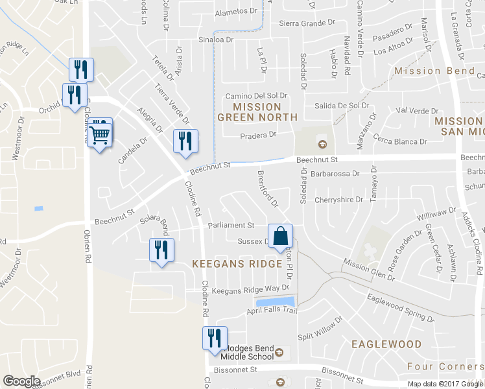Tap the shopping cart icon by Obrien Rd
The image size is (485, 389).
pos(100,135)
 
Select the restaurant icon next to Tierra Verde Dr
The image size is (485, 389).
pos(185,141)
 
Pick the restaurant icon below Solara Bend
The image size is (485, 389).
pos(161,250)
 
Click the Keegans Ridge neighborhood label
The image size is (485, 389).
pos(237,264)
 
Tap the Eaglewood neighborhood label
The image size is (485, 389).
pos(386,344)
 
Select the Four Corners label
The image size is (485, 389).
pos(445,367)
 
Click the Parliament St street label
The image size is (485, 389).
pos(231,226)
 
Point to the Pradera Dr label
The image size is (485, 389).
pos(258,135)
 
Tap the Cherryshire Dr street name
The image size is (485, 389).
pos(338,200)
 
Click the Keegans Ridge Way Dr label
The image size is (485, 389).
pos(250,288)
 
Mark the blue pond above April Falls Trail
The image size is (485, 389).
pos(276,302)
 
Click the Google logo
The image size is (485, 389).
pos(21,381)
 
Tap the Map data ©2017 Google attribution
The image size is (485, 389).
pos(445,384)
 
